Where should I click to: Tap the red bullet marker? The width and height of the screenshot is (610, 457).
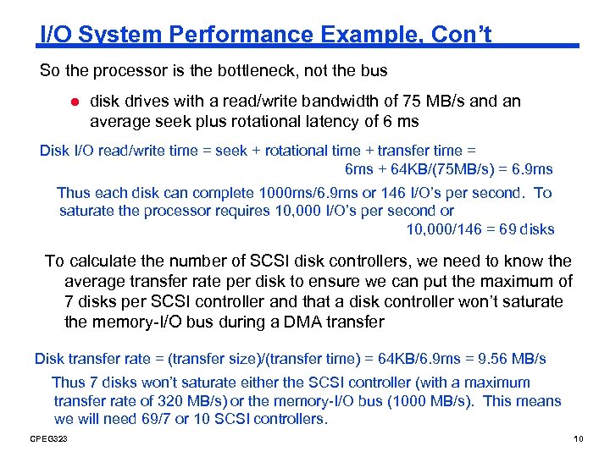coord(74,102)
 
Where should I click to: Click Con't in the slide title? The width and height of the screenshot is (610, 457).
coord(462,35)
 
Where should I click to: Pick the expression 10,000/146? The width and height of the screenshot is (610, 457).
coord(442,229)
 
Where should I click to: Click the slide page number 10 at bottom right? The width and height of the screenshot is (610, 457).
coord(578,439)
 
